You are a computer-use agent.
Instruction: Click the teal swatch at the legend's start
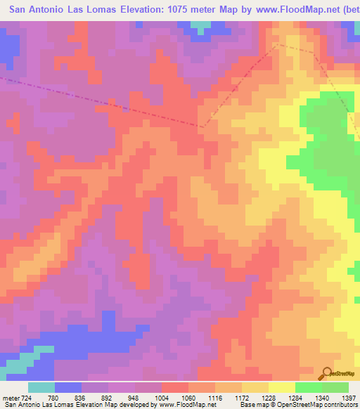click(41, 387)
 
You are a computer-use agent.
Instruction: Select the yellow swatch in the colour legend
click(281, 387)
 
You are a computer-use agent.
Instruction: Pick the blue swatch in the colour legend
click(67, 387)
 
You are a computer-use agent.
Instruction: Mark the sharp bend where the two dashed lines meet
click(202, 127)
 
